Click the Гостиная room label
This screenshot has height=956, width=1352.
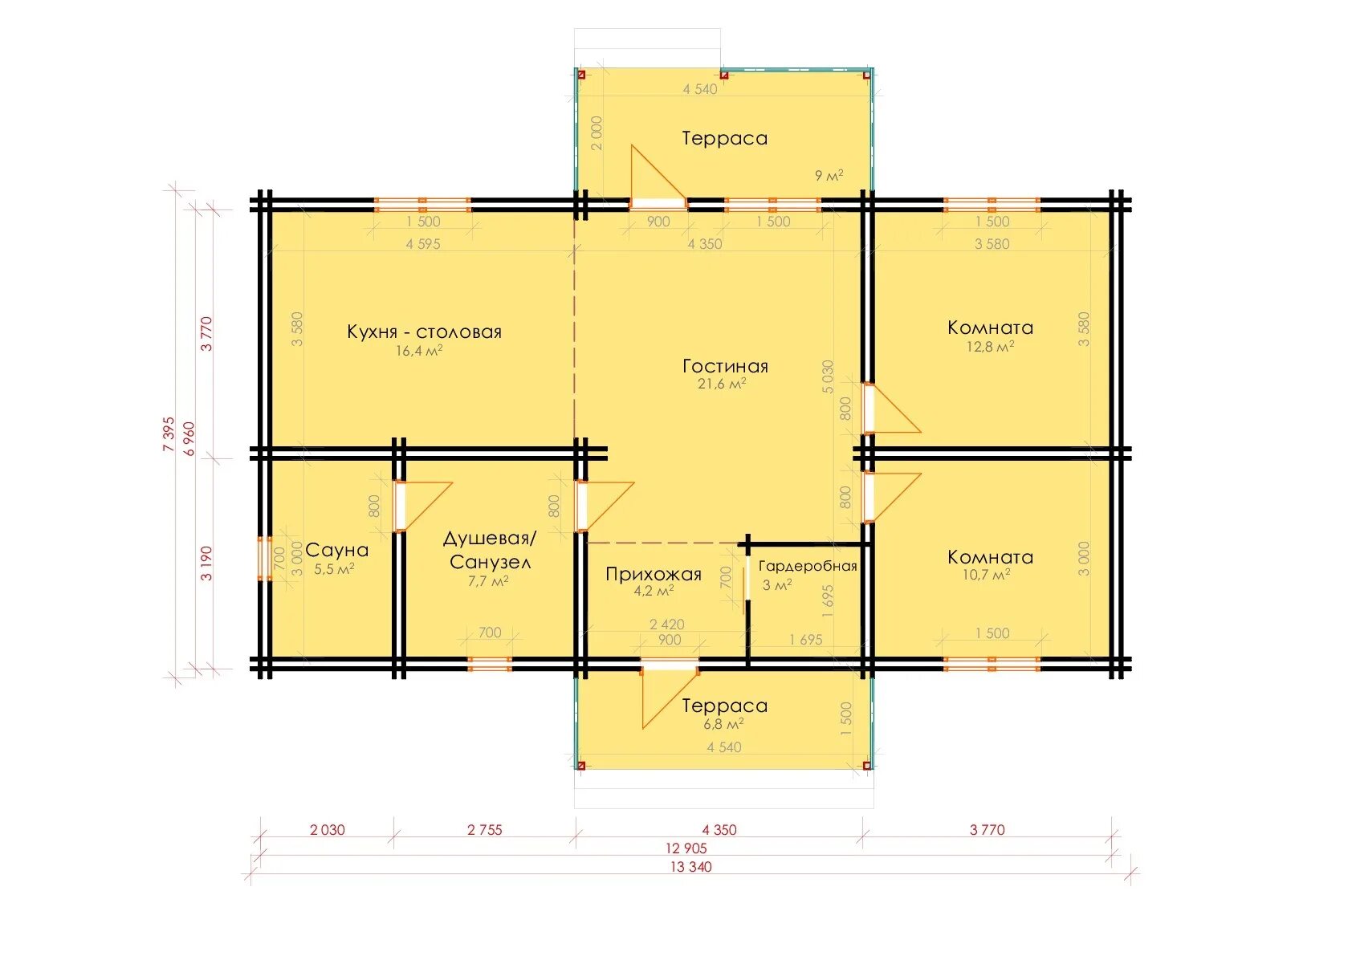(x=725, y=366)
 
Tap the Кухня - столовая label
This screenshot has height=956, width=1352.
(x=425, y=332)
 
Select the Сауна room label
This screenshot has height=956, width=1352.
(x=336, y=550)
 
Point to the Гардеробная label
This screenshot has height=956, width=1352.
(x=808, y=566)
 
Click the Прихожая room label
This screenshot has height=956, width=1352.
(x=654, y=574)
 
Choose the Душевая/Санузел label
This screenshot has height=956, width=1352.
(x=490, y=551)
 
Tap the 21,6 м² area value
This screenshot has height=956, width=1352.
(x=722, y=383)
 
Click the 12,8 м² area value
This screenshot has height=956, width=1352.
(x=990, y=347)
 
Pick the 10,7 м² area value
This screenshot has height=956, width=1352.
(x=986, y=575)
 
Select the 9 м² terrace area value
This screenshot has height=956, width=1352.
(x=829, y=176)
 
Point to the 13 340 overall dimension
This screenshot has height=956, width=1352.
(x=691, y=867)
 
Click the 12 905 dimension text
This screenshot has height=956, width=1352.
(x=686, y=848)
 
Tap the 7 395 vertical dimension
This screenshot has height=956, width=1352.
(x=169, y=434)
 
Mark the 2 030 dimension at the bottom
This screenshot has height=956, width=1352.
(x=327, y=830)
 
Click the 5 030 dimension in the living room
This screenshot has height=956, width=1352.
(x=828, y=377)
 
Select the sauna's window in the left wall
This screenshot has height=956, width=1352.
(x=264, y=559)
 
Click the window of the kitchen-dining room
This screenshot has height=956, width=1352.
(x=422, y=205)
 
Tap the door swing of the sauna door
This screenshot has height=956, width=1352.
(x=424, y=506)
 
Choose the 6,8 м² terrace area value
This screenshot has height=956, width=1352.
(x=723, y=723)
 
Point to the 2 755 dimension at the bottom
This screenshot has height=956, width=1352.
(x=485, y=830)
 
